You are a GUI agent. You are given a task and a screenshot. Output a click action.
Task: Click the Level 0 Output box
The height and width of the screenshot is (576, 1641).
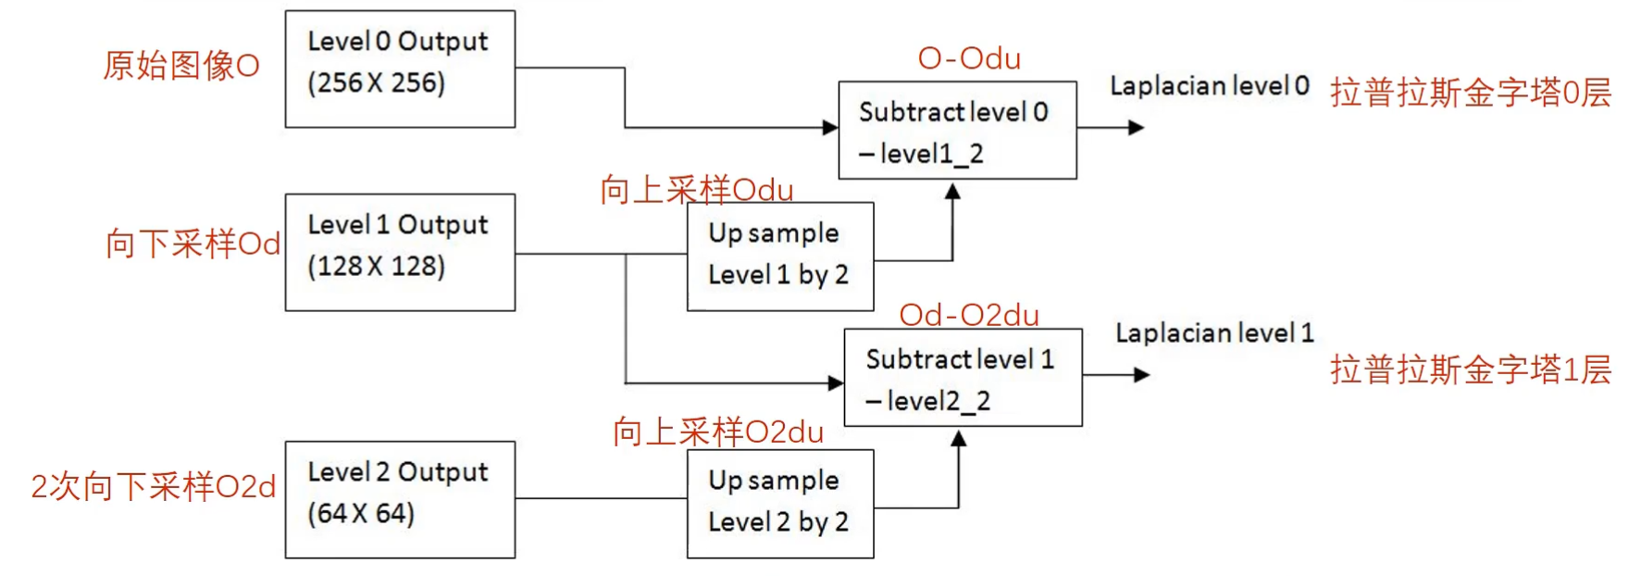400,69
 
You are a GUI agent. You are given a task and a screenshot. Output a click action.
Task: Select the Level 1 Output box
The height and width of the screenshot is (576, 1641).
400,252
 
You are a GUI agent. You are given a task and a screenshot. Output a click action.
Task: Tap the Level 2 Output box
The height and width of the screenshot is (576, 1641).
400,499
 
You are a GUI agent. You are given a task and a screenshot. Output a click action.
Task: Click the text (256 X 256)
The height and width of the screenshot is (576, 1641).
377,83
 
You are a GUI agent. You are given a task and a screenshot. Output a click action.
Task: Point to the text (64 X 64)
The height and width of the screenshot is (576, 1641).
361,514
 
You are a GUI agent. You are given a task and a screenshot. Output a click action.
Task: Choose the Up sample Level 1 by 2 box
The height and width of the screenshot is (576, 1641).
779,256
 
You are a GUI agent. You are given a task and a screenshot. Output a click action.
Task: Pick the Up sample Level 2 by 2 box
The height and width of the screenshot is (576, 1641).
779,503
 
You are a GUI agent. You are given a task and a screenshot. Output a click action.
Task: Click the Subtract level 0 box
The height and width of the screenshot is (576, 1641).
957,130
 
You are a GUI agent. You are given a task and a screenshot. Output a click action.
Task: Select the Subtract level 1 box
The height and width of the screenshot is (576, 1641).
963,377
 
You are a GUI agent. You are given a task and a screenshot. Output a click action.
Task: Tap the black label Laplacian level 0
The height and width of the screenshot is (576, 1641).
1209,86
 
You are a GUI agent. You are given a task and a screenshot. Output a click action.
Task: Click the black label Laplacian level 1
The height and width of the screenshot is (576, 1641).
1213,333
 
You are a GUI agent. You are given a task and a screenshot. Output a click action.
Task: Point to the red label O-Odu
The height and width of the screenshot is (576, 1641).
969,58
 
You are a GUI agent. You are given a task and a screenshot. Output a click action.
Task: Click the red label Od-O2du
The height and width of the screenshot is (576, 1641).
969,315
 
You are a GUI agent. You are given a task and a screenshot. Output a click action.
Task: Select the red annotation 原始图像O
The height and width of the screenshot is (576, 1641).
180,66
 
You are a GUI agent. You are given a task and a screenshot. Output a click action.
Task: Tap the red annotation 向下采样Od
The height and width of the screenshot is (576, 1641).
193,244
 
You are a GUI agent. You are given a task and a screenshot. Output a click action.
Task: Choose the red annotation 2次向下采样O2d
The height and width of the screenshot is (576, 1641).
153,486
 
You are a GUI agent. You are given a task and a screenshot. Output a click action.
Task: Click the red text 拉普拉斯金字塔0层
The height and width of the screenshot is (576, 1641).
1470,93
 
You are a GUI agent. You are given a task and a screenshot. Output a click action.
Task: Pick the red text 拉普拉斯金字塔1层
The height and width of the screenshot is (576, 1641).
1470,369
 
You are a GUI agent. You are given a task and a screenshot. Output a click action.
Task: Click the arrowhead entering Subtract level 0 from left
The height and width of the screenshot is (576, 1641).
830,128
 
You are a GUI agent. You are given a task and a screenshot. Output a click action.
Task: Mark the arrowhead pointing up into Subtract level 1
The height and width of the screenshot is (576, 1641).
959,439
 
